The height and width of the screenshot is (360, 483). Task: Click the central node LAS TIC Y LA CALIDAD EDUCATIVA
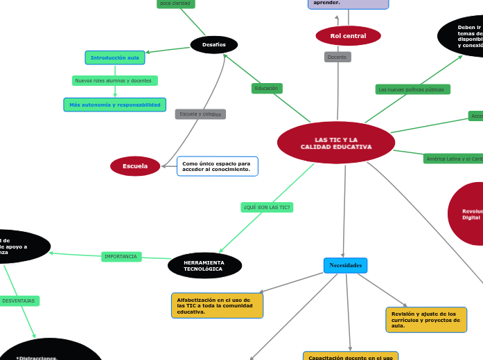pyautogui.click(x=336, y=143)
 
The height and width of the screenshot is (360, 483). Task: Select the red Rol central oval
pyautogui.click(x=348, y=35)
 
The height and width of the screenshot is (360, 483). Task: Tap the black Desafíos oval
pyautogui.click(x=214, y=45)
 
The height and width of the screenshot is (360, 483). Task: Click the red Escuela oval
pyautogui.click(x=135, y=166)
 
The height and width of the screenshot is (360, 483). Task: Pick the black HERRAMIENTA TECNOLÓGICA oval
pyautogui.click(x=204, y=265)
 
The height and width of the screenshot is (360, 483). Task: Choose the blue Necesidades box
pyautogui.click(x=345, y=265)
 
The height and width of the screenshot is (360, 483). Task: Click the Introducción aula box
pyautogui.click(x=115, y=57)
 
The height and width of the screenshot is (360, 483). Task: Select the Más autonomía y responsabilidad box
pyautogui.click(x=115, y=105)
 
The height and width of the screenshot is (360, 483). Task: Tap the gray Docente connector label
pyautogui.click(x=337, y=57)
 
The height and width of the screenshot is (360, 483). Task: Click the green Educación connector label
pyautogui.click(x=266, y=89)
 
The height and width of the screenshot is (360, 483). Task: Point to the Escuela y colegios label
pyautogui.click(x=200, y=114)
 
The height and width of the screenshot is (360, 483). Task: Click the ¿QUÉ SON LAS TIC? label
pyautogui.click(x=267, y=207)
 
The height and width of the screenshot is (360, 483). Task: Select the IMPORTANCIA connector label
pyautogui.click(x=121, y=256)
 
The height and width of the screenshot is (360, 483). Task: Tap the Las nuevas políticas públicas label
pyautogui.click(x=412, y=89)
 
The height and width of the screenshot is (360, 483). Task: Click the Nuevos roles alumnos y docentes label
pyautogui.click(x=114, y=80)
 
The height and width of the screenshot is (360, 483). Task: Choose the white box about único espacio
pyautogui.click(x=218, y=166)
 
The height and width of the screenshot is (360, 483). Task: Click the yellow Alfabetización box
pyautogui.click(x=217, y=305)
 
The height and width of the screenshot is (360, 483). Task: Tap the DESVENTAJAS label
pyautogui.click(x=19, y=300)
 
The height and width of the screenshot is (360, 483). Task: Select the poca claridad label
pyautogui.click(x=175, y=3)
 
